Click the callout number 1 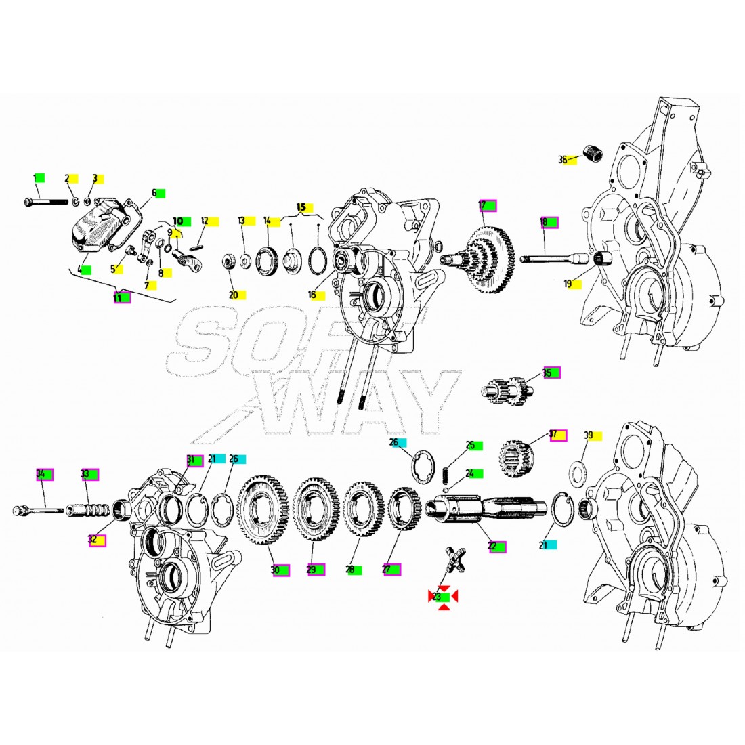point(35,177)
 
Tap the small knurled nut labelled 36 point(591,154)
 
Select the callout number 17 point(482,205)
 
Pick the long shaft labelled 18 point(552,257)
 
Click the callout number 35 point(547,372)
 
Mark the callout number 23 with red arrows point(437,597)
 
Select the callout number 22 point(492,545)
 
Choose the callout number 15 point(301,205)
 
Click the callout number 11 point(117,297)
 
